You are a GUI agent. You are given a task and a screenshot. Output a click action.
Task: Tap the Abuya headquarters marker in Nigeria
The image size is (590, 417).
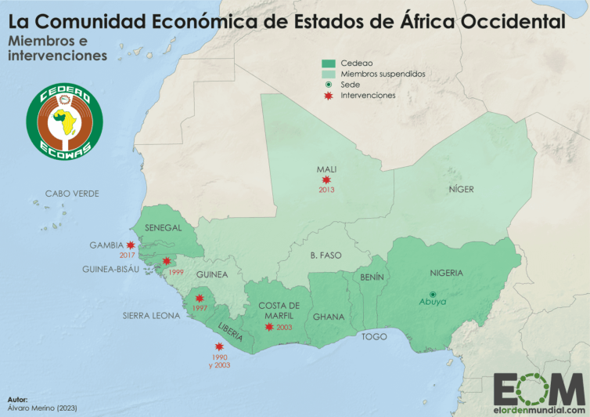click(433, 294)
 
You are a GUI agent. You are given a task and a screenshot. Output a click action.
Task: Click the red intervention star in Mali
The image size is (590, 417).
click(326, 180)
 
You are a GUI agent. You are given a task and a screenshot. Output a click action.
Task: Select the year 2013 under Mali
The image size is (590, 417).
click(326, 190)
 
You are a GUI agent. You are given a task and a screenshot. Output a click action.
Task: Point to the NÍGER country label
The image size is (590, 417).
click(461, 190)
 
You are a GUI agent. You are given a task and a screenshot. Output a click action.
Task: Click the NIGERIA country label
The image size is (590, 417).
click(446, 274)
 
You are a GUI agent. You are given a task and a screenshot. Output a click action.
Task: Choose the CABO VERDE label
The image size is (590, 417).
click(72, 194)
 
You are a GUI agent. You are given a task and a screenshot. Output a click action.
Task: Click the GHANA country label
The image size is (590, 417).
click(329, 317)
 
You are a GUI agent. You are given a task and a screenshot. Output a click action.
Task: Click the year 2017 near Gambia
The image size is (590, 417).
click(128, 256)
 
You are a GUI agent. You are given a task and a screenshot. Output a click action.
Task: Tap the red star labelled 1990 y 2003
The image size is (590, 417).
click(218, 346)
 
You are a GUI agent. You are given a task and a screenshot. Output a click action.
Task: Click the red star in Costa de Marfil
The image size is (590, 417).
click(269, 327)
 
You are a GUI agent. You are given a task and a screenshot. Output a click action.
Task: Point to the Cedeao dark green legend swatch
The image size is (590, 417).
click(328, 62)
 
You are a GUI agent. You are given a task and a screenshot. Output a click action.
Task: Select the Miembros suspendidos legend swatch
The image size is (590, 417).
click(328, 73)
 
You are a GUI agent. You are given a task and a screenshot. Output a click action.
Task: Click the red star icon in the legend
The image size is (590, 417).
click(328, 95)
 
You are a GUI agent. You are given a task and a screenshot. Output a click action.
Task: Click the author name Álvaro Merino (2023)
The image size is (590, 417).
click(44, 409)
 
